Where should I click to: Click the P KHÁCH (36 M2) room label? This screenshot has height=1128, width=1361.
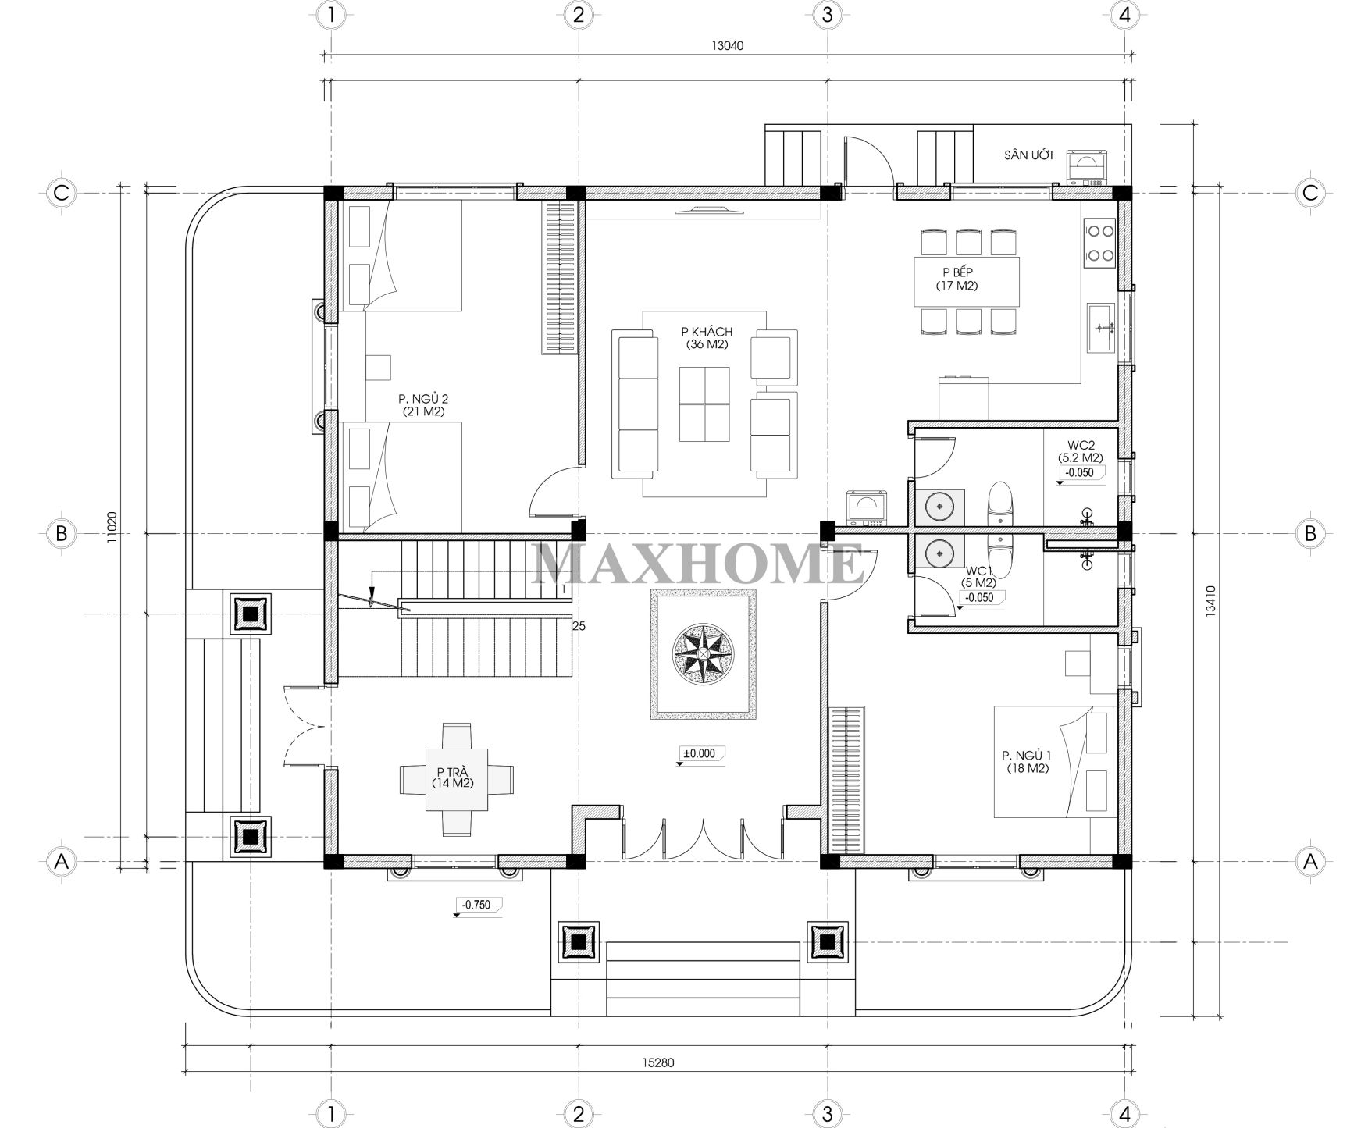coord(707,338)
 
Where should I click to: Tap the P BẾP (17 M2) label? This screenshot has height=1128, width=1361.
coord(957,279)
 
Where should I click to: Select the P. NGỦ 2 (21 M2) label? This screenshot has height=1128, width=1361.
coord(423,404)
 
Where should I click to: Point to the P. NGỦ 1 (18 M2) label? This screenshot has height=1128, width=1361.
coord(1027,762)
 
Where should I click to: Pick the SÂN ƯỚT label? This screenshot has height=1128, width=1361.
coord(1029,155)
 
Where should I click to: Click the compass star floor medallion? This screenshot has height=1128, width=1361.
coord(704,654)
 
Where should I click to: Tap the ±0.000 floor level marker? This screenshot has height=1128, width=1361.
coord(701,755)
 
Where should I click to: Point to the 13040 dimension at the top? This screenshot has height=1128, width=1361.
coord(727,45)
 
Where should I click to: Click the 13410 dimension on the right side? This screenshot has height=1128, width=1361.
coord(1210,602)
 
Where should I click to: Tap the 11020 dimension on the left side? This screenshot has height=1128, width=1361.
coord(112,526)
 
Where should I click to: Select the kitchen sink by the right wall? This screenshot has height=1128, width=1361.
coord(1104,328)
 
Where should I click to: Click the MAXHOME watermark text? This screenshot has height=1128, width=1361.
coord(698,564)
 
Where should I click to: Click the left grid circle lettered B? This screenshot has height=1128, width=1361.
coord(61,534)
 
